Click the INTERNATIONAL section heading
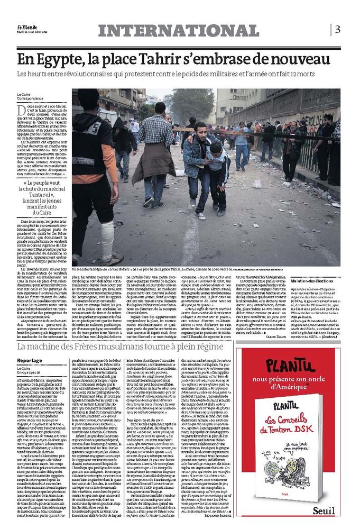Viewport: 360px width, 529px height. coord(178,31)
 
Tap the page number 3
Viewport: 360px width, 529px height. coord(337,29)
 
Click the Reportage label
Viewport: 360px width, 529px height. coord(30,360)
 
